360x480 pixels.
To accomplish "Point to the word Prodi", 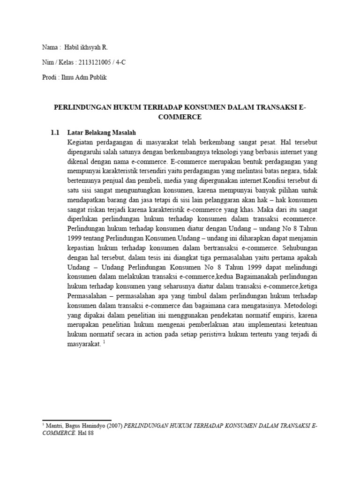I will pyautogui.click(x=49, y=77).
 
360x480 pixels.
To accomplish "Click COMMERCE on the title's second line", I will pyautogui.click(x=180, y=117).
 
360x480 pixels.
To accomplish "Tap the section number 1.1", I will pyautogui.click(x=55, y=132).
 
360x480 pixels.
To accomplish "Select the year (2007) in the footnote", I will pyautogui.click(x=114, y=426).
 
